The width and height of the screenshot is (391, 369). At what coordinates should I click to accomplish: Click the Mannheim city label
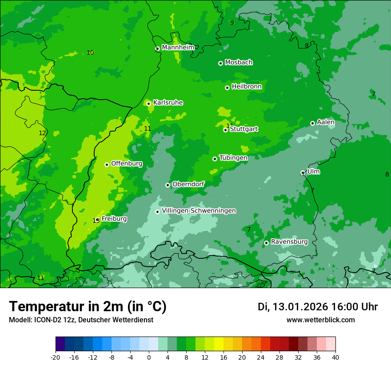coord(178,47)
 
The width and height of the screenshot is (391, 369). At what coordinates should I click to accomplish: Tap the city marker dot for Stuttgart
coord(225,130)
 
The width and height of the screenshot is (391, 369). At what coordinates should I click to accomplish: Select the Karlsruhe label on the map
coord(168,103)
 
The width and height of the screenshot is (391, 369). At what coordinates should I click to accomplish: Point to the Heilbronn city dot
coord(227,88)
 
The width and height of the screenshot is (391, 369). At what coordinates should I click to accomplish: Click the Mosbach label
coord(239,62)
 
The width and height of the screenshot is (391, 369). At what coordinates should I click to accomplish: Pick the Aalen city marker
coord(312,123)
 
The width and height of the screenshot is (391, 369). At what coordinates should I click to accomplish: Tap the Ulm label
coord(313,172)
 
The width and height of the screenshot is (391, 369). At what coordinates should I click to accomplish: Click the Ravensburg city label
coord(289,242)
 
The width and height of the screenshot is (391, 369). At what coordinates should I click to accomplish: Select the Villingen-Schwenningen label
coord(199,211)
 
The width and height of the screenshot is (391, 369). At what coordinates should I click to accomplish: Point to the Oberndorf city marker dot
coord(168,185)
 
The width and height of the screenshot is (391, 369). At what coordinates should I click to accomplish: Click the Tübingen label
coord(233,158)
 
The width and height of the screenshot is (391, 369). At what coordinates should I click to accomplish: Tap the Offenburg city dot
coord(107,164)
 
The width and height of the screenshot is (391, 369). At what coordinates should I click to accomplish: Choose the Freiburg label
coord(114,219)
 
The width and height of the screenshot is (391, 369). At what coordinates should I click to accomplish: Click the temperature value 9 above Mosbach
coord(231,23)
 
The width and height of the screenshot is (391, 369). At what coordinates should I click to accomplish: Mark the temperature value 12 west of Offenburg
coord(42,133)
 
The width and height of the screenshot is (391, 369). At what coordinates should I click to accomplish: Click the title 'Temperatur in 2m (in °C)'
coord(88,306)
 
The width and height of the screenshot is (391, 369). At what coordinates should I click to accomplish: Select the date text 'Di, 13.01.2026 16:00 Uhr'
coord(317,307)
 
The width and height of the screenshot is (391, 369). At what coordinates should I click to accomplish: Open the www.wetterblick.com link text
coord(320,320)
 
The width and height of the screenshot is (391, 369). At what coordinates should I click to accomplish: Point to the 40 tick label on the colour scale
coord(335,357)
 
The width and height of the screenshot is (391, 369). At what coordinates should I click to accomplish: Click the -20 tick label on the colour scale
coord(56,357)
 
